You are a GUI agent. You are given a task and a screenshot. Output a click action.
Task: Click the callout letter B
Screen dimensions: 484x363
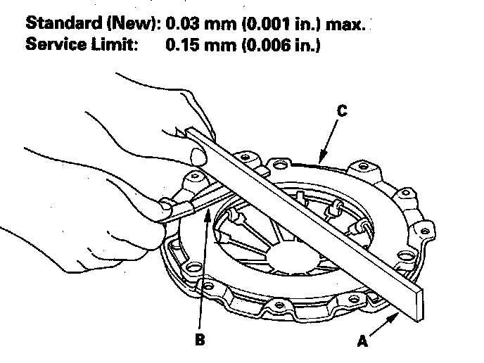point(200,340)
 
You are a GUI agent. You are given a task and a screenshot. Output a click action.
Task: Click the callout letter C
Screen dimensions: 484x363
point(342,110)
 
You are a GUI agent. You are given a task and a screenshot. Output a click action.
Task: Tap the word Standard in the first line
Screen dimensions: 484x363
point(65,23)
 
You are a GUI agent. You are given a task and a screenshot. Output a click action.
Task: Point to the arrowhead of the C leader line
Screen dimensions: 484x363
point(319,160)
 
